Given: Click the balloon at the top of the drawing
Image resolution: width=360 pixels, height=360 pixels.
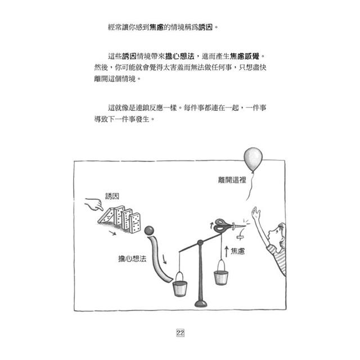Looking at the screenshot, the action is tap(253, 159).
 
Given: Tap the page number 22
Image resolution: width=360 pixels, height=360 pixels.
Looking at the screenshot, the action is tap(180, 332).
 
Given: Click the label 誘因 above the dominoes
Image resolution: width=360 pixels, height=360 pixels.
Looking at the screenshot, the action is tap(112, 196).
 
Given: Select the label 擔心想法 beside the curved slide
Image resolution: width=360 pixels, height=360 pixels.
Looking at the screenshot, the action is tap(132, 259).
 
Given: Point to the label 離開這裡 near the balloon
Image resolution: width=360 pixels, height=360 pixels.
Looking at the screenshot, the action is tap(232, 180).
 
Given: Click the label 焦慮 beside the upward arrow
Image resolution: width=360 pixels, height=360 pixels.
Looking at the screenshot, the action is tap(237, 251).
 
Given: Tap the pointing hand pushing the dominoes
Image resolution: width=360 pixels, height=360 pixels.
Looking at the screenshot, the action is tap(94, 204).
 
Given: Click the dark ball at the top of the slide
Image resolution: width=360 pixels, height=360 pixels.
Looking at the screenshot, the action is tap(149, 230).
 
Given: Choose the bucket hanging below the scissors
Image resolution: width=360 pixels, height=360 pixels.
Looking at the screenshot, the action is tap(221, 272).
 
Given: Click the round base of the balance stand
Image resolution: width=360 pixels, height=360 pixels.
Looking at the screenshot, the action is tap(201, 304).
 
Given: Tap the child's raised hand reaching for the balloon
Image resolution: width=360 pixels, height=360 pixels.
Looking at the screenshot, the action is tap(255, 213).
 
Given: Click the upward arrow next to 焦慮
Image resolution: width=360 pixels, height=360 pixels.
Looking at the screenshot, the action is tap(226, 251).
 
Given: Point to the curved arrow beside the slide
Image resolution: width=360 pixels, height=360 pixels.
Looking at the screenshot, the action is tap(164, 259).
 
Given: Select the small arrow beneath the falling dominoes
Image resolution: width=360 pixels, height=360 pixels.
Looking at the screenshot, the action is tap(112, 233).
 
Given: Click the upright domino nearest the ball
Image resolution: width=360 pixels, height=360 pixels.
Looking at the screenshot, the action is tap(135, 223).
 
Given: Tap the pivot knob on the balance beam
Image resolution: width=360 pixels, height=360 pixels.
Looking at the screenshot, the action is tap(200, 242).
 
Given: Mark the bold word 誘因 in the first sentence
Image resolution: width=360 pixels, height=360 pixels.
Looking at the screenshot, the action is tap(205, 28).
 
